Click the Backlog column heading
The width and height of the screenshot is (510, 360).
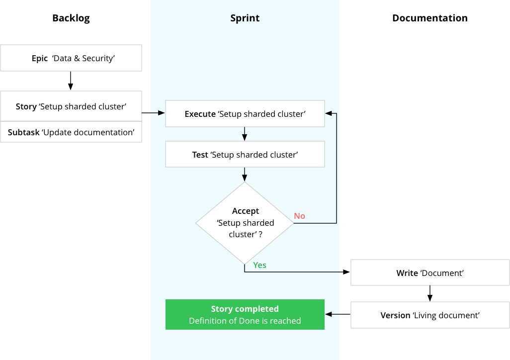(x=71, y=18)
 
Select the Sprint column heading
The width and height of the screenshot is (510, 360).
(x=245, y=18)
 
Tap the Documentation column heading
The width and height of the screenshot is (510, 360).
(x=430, y=18)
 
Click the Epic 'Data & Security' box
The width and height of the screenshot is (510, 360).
(x=71, y=58)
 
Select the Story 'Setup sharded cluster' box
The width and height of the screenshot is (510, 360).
(x=71, y=106)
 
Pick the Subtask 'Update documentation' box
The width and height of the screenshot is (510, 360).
(x=71, y=132)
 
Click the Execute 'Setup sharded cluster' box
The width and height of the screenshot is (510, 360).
(x=245, y=113)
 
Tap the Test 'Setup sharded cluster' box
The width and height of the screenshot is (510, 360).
(x=245, y=154)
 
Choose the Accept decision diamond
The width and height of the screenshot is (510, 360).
(x=245, y=223)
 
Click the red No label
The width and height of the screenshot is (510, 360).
(x=299, y=216)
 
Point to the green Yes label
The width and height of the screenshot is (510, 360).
(x=259, y=266)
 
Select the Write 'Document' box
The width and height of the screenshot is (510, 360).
(x=430, y=272)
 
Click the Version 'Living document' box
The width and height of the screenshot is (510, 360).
(x=430, y=315)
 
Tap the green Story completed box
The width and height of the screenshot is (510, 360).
(x=245, y=314)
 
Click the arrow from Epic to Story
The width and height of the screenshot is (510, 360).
(x=71, y=81)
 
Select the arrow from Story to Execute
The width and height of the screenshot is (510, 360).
(x=154, y=112)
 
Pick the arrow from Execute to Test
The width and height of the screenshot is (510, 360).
(x=245, y=134)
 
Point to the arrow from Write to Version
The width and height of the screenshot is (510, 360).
(x=430, y=293)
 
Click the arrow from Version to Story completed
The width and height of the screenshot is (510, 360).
(x=338, y=314)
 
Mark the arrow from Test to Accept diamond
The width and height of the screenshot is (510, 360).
(x=245, y=175)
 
